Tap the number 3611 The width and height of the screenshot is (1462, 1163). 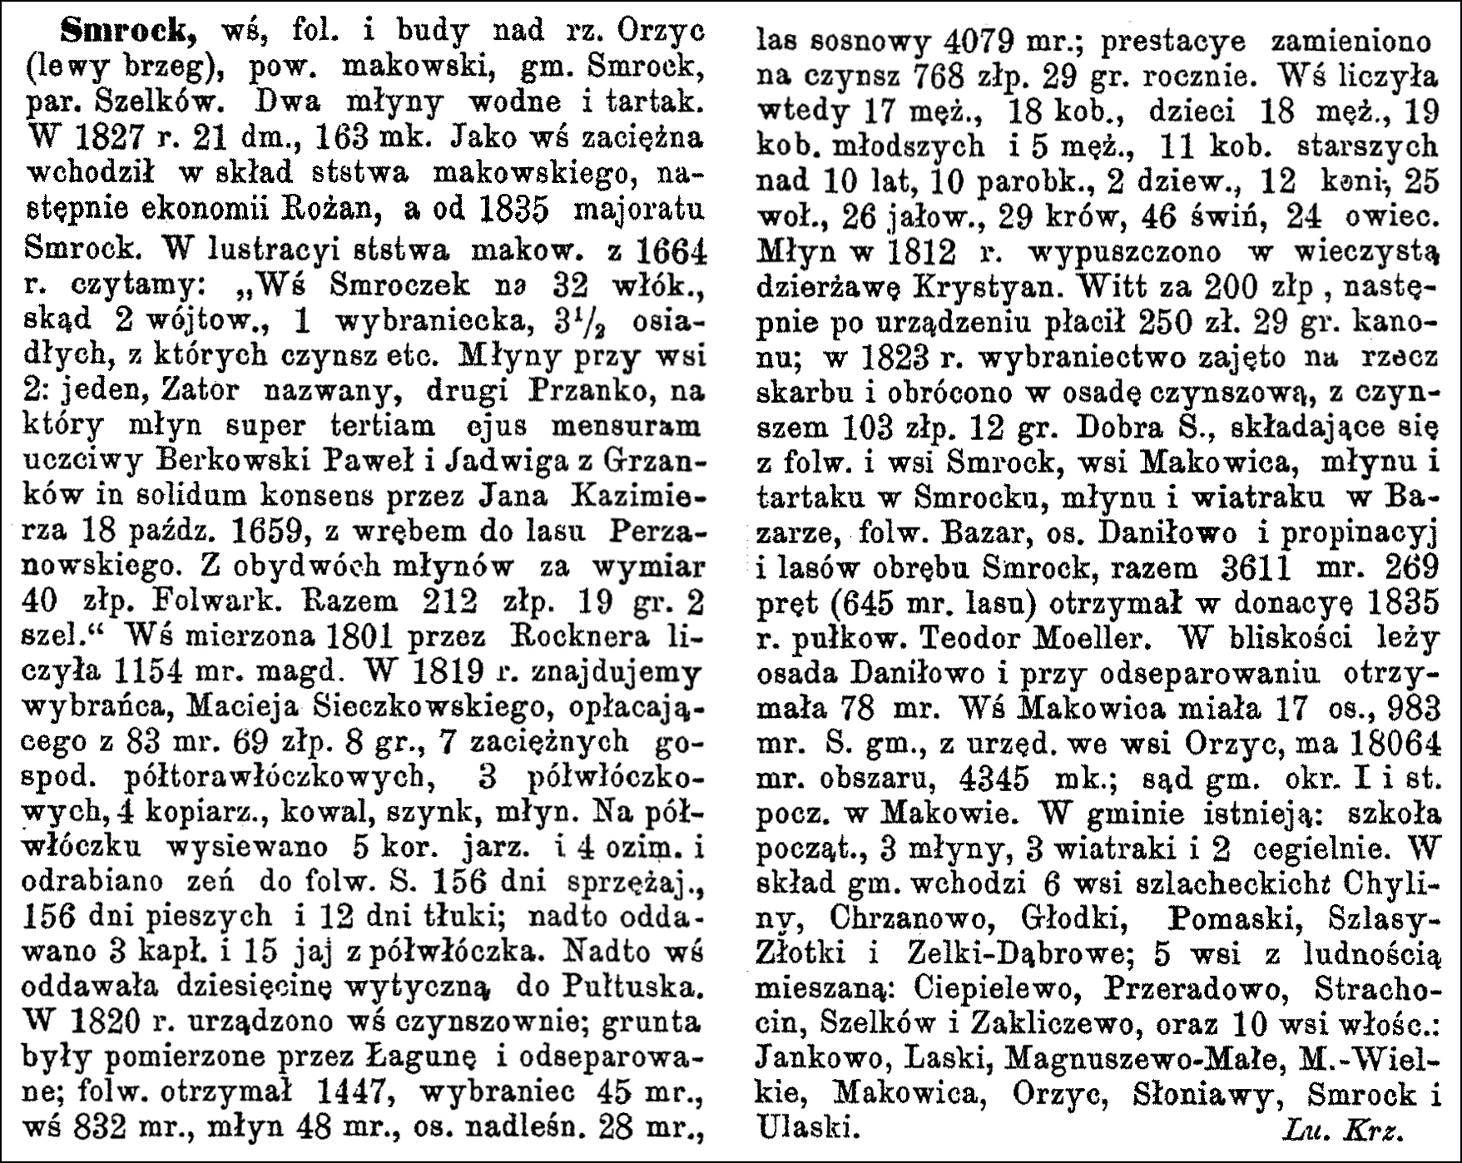(x=1256, y=567)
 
